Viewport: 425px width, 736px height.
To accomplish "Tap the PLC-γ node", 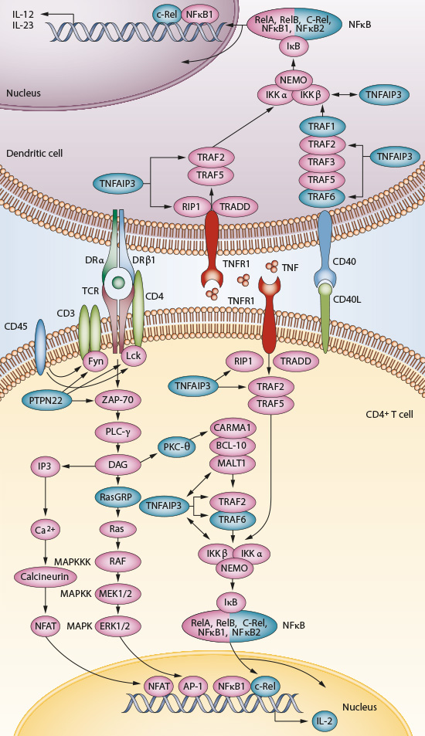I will click(x=116, y=431).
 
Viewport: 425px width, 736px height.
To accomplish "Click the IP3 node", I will click(x=45, y=466).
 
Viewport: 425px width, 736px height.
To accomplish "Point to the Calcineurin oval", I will click(x=45, y=577).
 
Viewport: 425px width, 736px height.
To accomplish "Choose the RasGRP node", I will click(x=116, y=496).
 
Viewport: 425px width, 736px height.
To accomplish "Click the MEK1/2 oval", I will click(x=116, y=593).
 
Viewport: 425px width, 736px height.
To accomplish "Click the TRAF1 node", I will click(x=321, y=125).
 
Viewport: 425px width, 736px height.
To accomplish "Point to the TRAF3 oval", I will click(x=321, y=162).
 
